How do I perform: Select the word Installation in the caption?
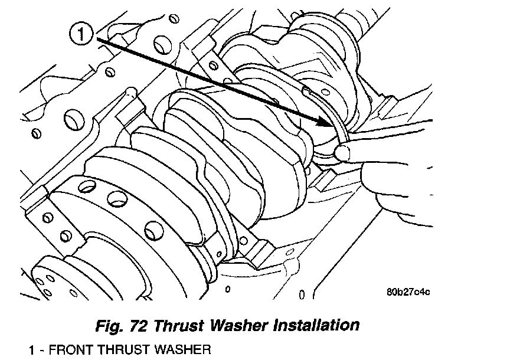316,325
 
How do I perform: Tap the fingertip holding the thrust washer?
344,153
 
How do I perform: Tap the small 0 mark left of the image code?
302,293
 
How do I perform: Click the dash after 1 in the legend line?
40,350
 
